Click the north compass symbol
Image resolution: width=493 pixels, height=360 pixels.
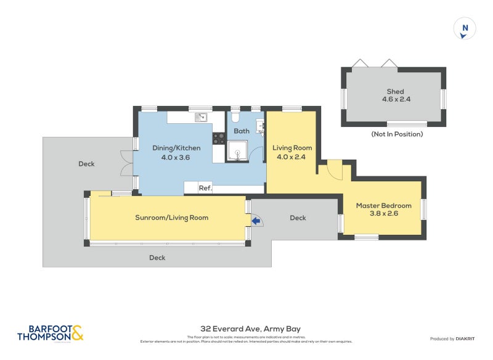(x=465, y=28)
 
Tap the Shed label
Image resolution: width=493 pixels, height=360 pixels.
(x=395, y=92)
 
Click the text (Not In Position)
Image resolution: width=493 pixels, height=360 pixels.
(x=397, y=134)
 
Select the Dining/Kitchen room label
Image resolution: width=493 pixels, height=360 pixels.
(x=176, y=148)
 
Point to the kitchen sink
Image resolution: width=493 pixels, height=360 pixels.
(x=202, y=117)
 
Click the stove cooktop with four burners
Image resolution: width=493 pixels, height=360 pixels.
(x=219, y=139)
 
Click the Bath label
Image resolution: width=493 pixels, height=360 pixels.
(x=242, y=131)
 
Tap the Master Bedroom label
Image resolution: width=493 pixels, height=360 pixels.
(x=383, y=205)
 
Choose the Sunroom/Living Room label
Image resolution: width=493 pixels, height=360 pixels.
(x=172, y=218)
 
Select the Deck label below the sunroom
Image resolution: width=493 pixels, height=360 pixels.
(x=157, y=258)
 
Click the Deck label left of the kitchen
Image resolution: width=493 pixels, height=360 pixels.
(x=86, y=164)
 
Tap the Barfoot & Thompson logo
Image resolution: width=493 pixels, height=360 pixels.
(x=50, y=333)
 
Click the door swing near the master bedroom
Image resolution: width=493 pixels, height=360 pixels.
(x=333, y=169)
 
